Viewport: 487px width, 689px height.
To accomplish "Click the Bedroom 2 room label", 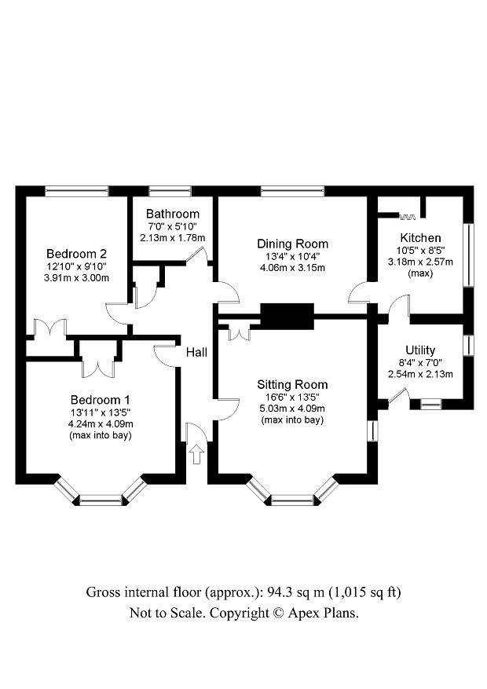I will click(76, 254).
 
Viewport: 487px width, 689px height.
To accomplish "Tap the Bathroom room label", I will click(172, 214).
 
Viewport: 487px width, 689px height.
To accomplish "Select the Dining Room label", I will click(292, 244).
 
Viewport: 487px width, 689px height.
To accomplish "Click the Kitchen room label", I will click(420, 238).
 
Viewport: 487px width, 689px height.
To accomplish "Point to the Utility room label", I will click(420, 350).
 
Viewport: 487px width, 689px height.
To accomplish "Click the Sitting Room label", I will click(292, 384).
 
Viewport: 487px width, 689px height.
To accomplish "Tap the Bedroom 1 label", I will click(99, 398).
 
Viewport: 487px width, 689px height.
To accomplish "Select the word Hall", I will click(196, 353).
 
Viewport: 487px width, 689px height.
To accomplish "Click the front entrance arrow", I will click(195, 453).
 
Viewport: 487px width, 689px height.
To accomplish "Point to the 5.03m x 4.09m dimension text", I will click(292, 409).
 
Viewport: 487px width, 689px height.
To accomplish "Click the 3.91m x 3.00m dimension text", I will click(76, 278).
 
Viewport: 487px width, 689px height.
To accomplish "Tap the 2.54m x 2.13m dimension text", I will click(420, 374).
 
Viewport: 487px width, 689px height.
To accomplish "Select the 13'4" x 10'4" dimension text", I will click(292, 256).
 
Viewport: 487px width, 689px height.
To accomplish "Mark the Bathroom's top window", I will click(170, 190).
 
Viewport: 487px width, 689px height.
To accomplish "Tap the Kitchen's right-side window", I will click(470, 255).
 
